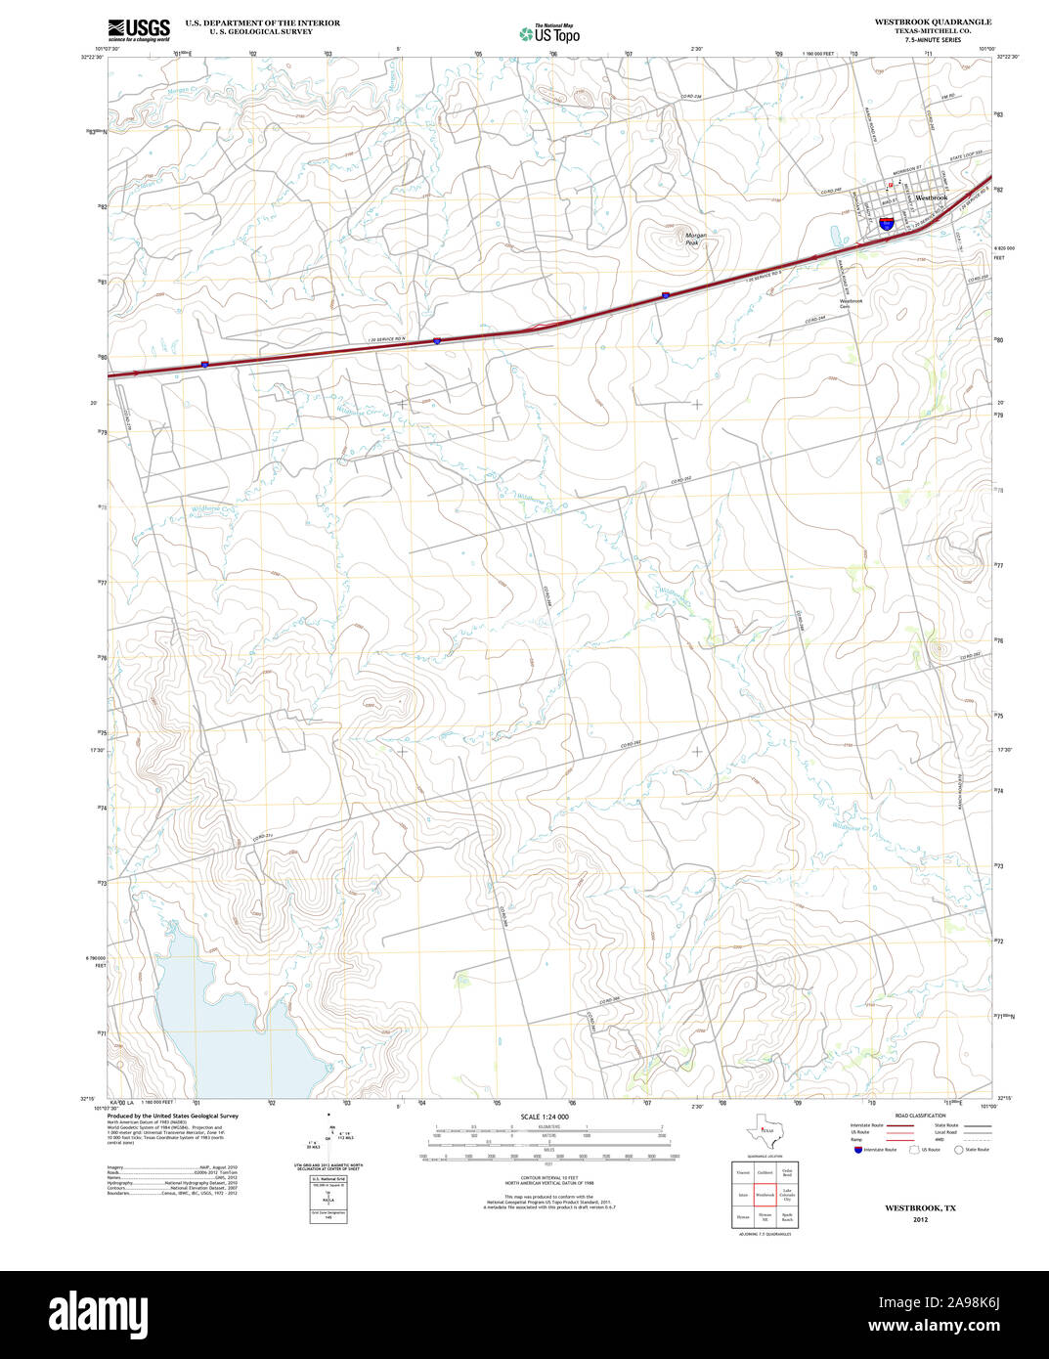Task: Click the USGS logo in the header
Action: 138,28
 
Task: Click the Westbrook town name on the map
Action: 931,197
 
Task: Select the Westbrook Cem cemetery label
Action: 851,304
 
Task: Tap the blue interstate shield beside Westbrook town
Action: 886,224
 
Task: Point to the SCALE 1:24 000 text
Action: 545,1117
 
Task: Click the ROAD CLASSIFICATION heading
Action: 917,1116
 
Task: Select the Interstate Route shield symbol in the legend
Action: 855,1150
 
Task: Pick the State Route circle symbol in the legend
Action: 958,1150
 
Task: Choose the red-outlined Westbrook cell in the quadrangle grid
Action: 765,1195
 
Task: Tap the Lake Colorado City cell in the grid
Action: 787,1195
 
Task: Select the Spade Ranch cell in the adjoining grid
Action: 787,1218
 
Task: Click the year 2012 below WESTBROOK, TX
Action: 920,1220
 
